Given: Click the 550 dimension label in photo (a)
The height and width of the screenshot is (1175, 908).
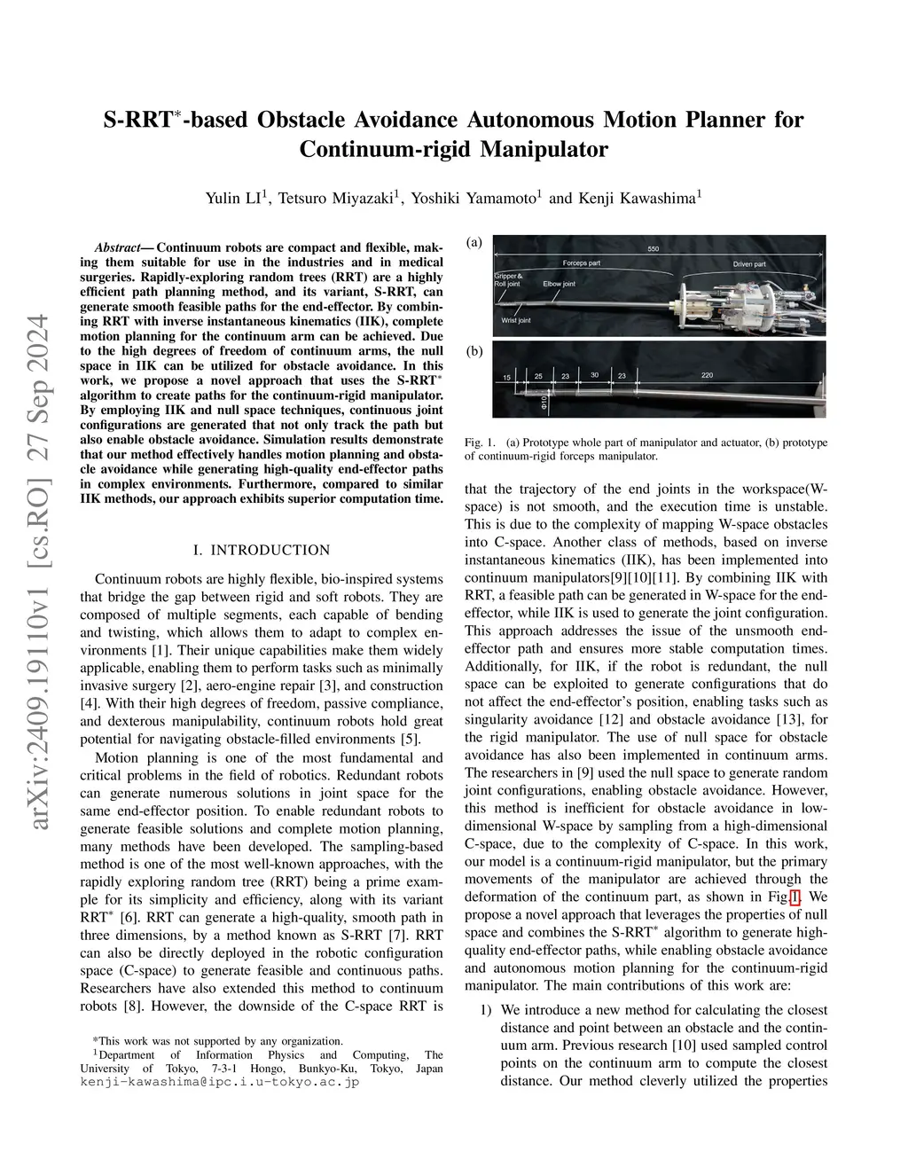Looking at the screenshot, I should (x=654, y=249).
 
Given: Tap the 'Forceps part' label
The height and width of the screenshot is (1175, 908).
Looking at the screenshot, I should (x=582, y=263).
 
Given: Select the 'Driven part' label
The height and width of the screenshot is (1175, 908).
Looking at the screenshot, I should (x=749, y=264).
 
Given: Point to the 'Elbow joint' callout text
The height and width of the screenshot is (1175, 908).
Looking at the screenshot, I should (x=559, y=284).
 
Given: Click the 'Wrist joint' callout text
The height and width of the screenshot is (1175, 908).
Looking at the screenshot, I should (x=515, y=320).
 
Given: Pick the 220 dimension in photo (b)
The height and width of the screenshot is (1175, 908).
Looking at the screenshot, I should (x=707, y=376).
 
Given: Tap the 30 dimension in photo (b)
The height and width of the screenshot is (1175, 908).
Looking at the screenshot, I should (x=595, y=375).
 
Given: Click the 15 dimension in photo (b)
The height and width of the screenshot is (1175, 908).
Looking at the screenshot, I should (x=506, y=378).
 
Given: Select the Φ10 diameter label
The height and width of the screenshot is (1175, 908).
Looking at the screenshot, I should (x=544, y=403).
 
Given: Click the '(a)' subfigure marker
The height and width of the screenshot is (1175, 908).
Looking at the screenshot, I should (x=474, y=242).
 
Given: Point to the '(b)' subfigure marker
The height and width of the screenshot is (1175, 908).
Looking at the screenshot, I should (x=474, y=351).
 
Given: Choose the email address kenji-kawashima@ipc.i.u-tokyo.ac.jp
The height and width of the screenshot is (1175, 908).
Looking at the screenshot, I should (x=219, y=1082).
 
